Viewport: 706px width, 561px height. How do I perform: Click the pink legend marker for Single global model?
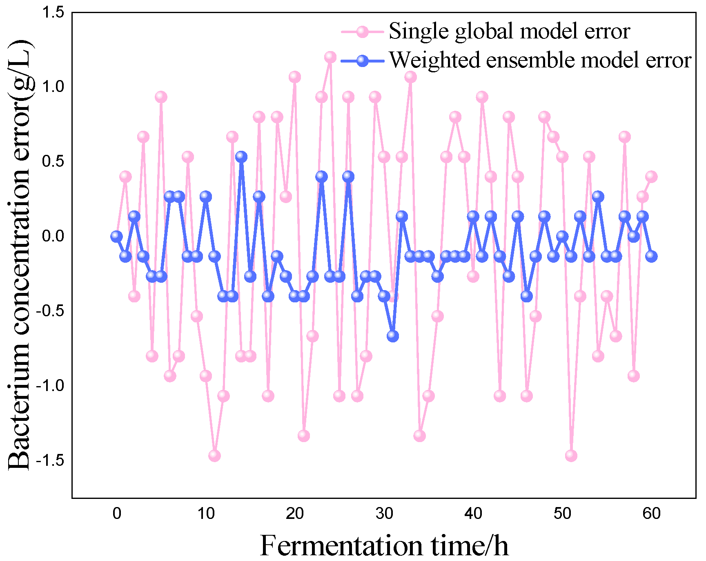point(362,31)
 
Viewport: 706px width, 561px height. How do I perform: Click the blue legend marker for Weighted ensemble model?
point(362,61)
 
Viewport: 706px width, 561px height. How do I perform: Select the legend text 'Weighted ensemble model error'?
point(540,60)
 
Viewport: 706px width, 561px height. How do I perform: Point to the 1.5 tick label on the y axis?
point(53,13)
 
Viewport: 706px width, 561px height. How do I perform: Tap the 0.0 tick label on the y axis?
point(53,236)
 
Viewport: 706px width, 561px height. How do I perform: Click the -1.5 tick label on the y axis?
point(51,460)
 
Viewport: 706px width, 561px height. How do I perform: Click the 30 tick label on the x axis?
point(384,513)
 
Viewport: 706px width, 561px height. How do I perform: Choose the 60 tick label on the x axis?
point(651,513)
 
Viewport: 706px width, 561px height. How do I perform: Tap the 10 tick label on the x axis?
point(206,513)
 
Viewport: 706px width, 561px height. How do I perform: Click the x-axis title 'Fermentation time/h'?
point(384,546)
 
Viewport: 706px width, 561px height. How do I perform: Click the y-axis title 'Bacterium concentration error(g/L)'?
point(20,255)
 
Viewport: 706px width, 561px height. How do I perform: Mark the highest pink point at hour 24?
point(330,57)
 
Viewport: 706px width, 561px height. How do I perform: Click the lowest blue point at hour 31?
point(393,336)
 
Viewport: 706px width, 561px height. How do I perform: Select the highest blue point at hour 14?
point(241,156)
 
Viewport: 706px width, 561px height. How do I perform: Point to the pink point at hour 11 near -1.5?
point(214,456)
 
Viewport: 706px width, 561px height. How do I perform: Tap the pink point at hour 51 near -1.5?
point(571,456)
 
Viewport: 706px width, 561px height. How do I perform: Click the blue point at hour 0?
point(116,236)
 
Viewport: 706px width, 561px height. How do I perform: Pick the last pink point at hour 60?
point(651,177)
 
